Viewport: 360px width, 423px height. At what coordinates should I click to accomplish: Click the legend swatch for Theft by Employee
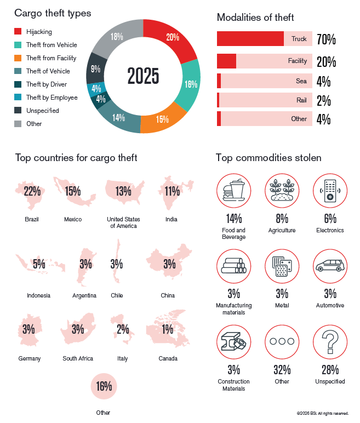(18, 98)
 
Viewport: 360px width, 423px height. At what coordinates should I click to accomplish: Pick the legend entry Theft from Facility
(51, 58)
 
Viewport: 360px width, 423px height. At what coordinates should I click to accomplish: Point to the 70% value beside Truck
(326, 39)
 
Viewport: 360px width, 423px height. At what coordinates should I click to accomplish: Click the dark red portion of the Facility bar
(226, 61)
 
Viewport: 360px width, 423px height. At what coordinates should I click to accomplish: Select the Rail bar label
(301, 100)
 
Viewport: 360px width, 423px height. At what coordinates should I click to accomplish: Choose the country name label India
(171, 219)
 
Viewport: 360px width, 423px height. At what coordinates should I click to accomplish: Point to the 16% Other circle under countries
(104, 386)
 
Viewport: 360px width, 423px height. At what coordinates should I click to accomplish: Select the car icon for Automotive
(330, 266)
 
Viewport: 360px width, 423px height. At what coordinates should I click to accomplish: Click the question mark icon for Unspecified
(330, 341)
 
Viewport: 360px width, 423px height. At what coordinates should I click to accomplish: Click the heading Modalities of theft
(255, 18)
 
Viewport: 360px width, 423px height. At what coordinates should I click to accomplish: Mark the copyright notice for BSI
(322, 413)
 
